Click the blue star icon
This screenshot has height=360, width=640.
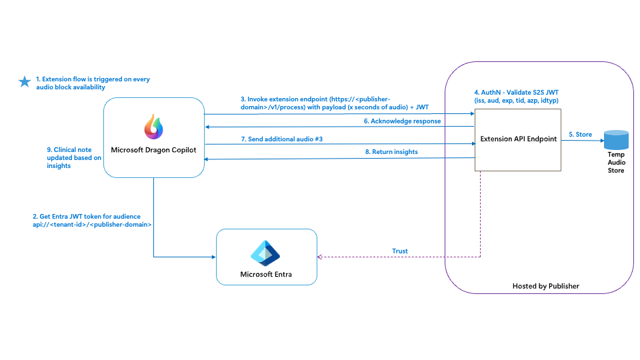click(25, 82)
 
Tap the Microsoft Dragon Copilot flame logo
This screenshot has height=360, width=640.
click(153, 127)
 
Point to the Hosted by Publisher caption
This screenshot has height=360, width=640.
click(545, 286)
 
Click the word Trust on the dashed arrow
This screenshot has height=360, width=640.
click(400, 251)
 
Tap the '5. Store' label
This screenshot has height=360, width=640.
click(580, 134)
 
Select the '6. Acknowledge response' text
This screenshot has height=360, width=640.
click(402, 121)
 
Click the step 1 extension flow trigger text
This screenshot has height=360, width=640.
click(92, 83)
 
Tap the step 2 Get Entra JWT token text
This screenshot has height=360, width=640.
click(92, 221)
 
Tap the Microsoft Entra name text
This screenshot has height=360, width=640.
click(266, 274)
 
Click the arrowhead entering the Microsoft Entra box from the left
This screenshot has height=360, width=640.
click(213, 257)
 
